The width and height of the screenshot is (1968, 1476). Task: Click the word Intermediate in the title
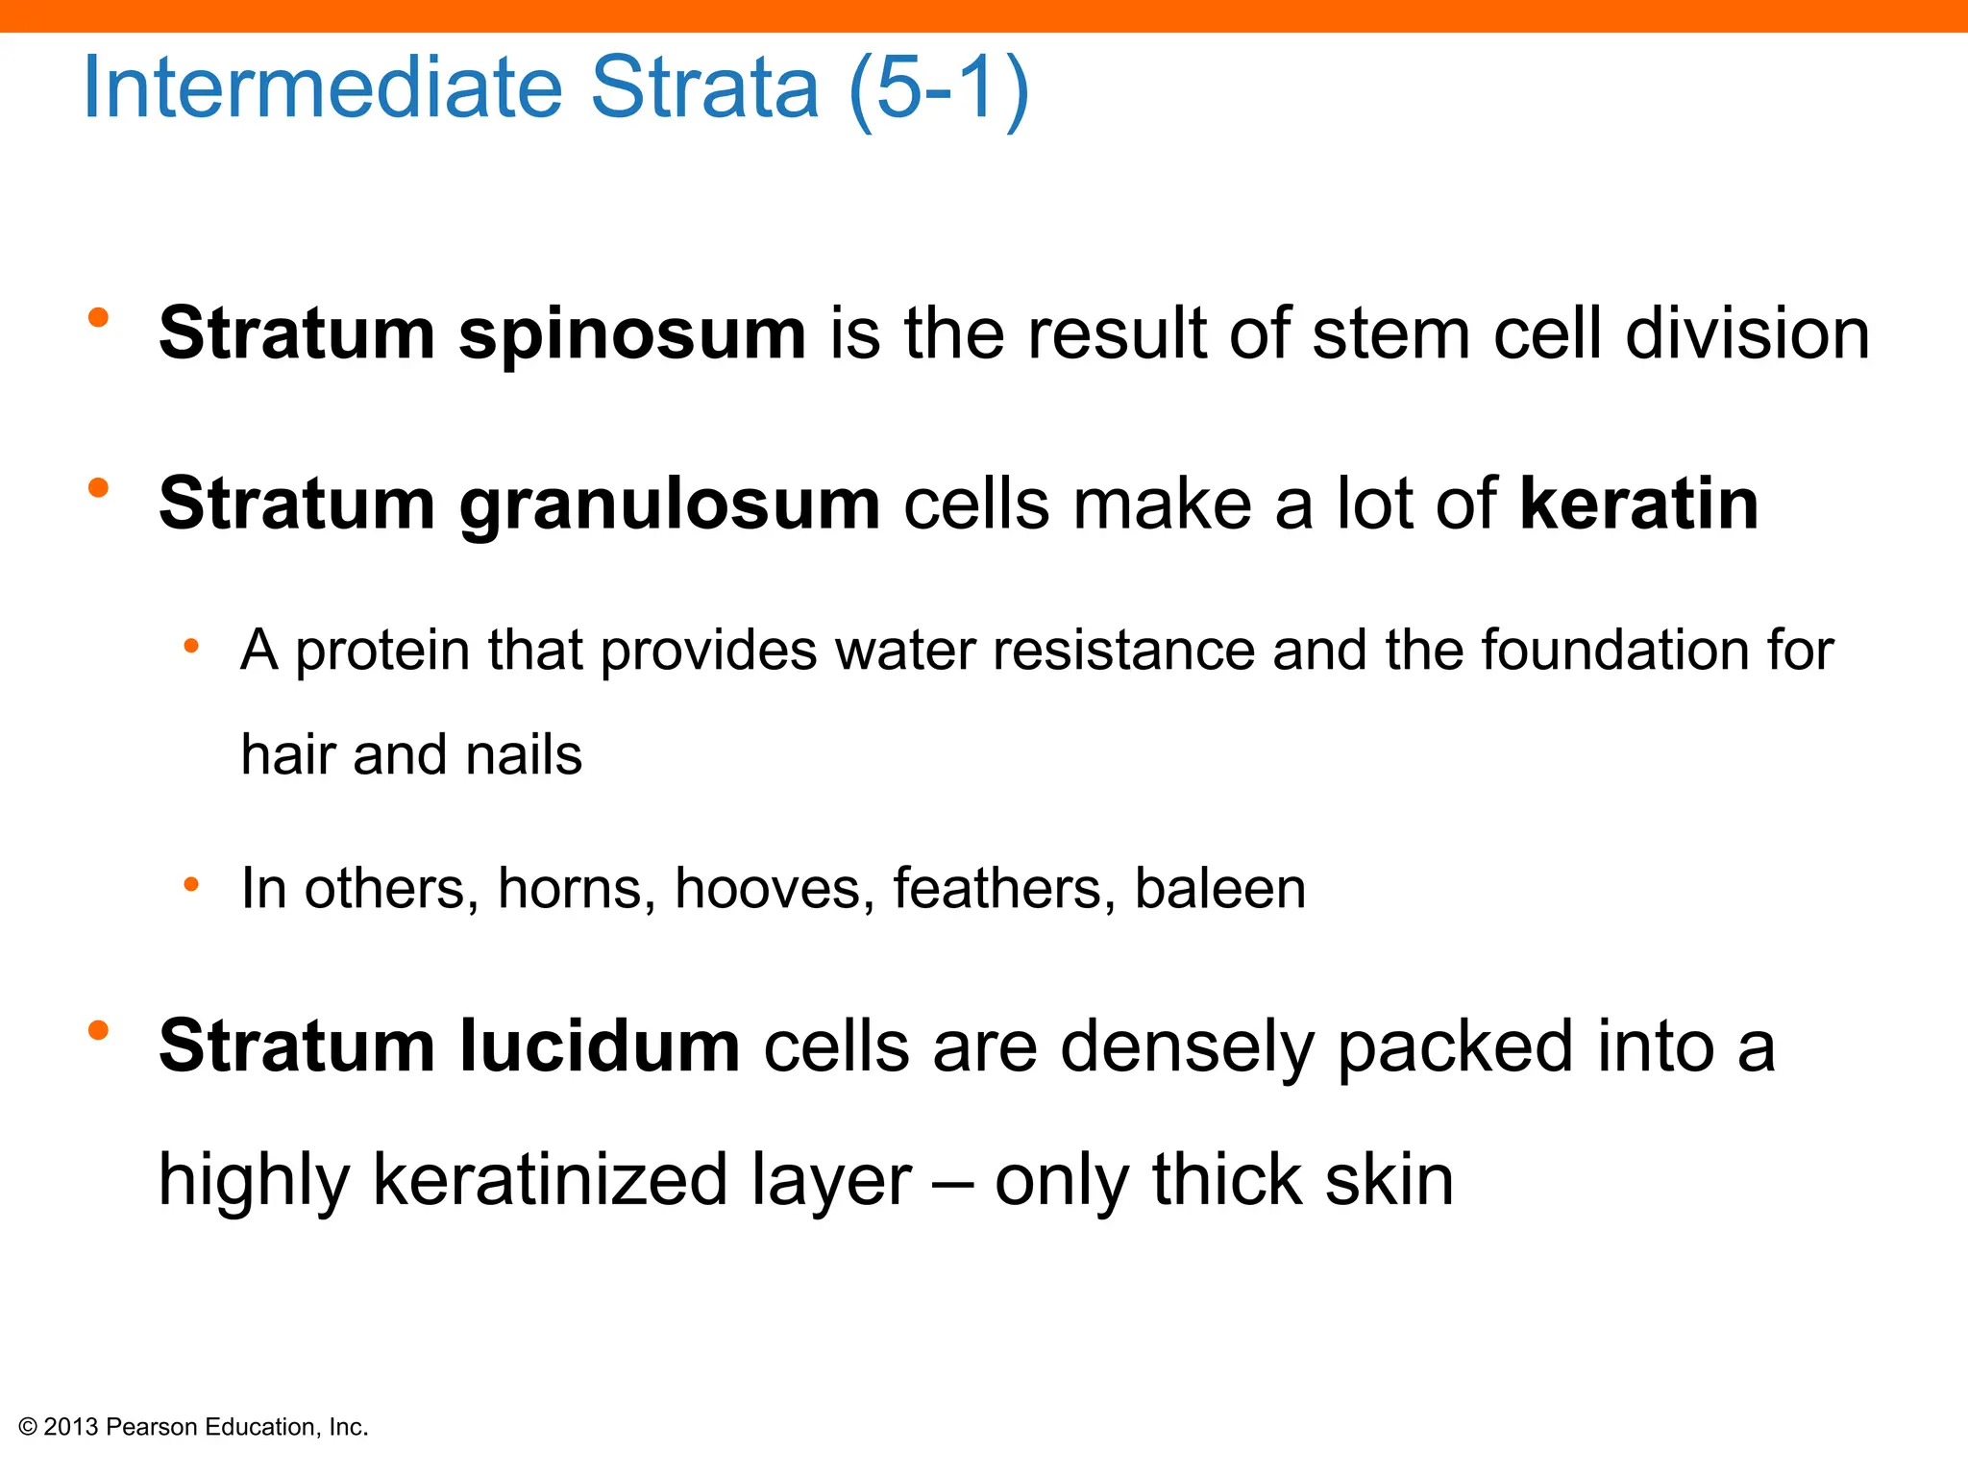[x=323, y=88]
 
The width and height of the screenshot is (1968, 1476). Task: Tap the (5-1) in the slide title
[x=939, y=88]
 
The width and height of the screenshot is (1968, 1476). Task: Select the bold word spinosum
[x=631, y=334]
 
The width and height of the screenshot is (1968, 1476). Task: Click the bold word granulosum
[x=669, y=504]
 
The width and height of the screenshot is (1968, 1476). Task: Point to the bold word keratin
[x=1638, y=504]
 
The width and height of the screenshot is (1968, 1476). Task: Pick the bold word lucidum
[x=600, y=1045]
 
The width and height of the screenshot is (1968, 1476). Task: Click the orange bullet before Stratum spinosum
[x=98, y=318]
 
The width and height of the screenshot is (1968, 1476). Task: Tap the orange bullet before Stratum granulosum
[x=98, y=488]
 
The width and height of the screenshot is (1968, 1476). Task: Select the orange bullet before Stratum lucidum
[x=98, y=1031]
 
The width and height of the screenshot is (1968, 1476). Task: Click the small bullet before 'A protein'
[x=191, y=647]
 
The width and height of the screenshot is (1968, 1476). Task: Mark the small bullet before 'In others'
[x=191, y=884]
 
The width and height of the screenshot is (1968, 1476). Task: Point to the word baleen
[x=1219, y=888]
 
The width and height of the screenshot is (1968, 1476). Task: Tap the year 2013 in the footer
[x=71, y=1427]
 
